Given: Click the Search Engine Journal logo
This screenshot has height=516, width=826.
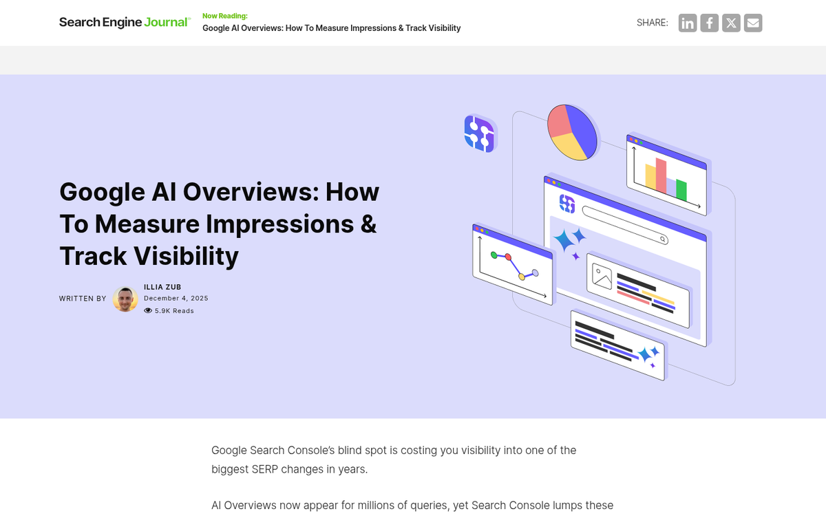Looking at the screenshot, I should click(x=124, y=22).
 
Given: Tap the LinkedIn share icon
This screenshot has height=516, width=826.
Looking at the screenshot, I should click(x=687, y=23).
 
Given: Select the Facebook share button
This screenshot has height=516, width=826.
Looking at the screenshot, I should click(x=709, y=23).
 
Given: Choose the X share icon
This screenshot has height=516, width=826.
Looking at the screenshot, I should click(x=731, y=23).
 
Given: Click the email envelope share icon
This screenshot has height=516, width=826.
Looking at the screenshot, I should click(x=753, y=23).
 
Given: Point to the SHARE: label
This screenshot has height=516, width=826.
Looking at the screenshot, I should click(x=652, y=23).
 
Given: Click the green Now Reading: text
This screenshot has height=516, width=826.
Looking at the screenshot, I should click(x=224, y=15).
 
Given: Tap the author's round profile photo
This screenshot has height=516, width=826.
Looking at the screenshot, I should click(x=125, y=299).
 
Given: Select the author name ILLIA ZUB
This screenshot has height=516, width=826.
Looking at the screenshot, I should click(x=162, y=287).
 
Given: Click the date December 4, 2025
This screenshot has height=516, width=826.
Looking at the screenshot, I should click(x=176, y=299).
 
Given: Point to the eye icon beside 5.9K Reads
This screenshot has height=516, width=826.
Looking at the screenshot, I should click(x=148, y=311).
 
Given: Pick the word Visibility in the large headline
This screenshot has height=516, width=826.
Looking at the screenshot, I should click(x=186, y=256).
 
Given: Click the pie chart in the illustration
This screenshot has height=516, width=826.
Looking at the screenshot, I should click(x=573, y=132).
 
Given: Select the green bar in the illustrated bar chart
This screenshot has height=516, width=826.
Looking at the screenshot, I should click(x=681, y=189).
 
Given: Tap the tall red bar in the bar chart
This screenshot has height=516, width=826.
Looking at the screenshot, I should click(x=661, y=175).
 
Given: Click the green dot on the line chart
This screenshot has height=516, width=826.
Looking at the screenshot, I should click(x=494, y=255).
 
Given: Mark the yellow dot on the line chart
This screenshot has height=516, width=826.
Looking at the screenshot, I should click(x=522, y=277).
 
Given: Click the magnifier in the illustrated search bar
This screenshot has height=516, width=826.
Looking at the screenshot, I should click(x=663, y=239).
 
